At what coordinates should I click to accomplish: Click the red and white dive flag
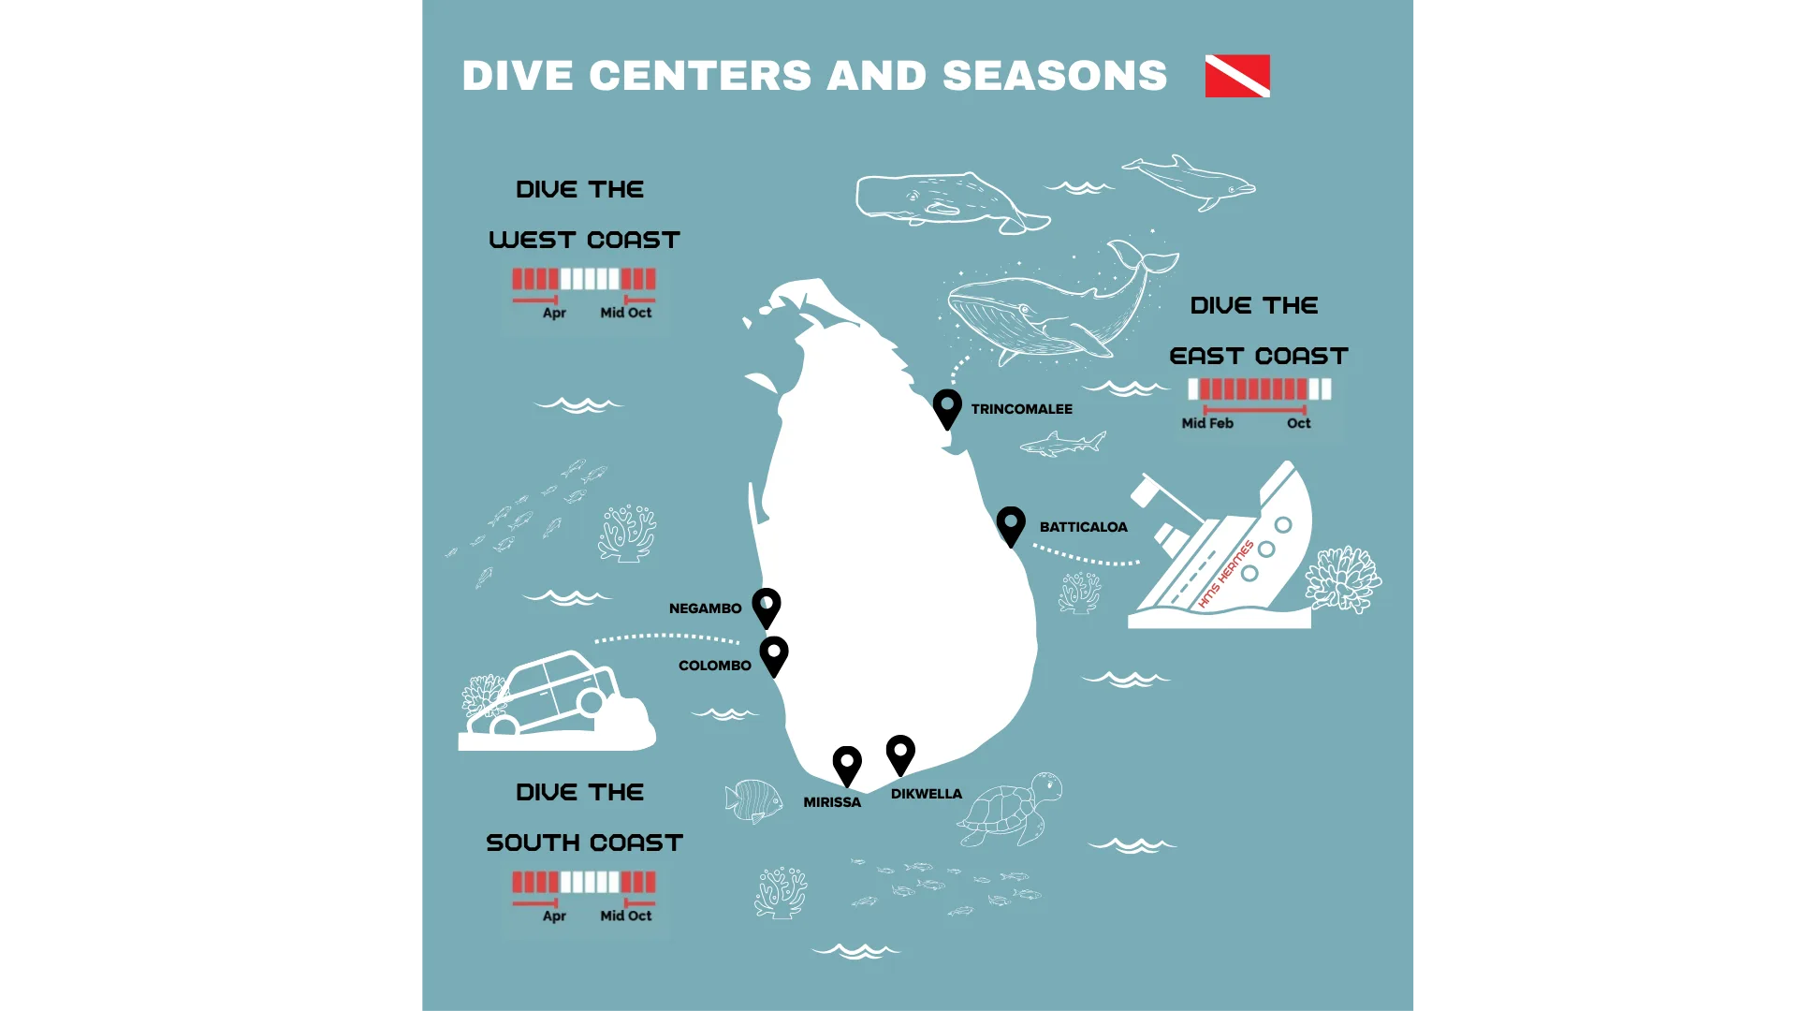pyautogui.click(x=1237, y=76)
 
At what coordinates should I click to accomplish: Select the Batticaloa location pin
pyautogui.click(x=1011, y=524)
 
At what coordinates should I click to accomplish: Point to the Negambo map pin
pyautogui.click(x=767, y=607)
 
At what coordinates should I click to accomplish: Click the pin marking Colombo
pyautogui.click(x=774, y=654)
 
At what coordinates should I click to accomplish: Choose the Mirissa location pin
pyautogui.click(x=847, y=765)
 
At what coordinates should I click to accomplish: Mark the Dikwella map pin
pyautogui.click(x=900, y=754)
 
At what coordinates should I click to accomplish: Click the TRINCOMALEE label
pyautogui.click(x=1021, y=409)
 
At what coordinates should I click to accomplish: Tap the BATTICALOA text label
pyautogui.click(x=1083, y=527)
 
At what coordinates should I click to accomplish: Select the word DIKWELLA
pyautogui.click(x=926, y=794)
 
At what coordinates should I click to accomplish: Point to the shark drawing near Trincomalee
pyautogui.click(x=1064, y=444)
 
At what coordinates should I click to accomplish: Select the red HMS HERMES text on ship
pyautogui.click(x=1225, y=574)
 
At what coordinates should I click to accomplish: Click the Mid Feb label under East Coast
pyautogui.click(x=1207, y=423)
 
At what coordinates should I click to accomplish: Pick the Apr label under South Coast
pyautogui.click(x=554, y=916)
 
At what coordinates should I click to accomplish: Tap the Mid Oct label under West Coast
pyautogui.click(x=625, y=313)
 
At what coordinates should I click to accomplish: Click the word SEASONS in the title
pyautogui.click(x=1054, y=76)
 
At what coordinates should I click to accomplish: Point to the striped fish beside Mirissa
pyautogui.click(x=754, y=800)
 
